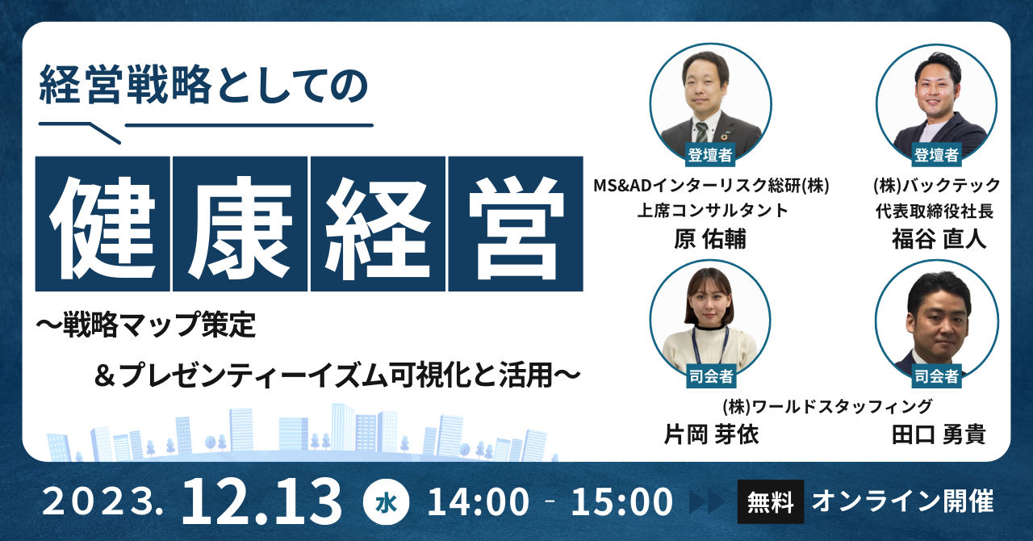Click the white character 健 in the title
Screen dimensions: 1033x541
tap(102, 224)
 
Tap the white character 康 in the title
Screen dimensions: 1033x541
tap(240, 224)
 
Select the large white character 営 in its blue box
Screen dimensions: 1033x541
tap(516, 224)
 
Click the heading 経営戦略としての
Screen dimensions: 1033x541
tap(203, 85)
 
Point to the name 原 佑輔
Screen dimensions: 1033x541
tap(710, 239)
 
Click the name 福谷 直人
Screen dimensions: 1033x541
tap(939, 239)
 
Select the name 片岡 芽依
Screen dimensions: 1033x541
tap(711, 434)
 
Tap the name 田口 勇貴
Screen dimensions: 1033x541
tap(939, 434)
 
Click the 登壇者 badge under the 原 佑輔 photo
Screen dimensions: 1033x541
tap(710, 155)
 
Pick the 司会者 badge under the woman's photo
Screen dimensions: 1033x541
tap(711, 376)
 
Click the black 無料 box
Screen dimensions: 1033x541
tap(771, 501)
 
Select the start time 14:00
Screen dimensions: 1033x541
tap(479, 501)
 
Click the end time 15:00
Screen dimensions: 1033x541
tap(622, 501)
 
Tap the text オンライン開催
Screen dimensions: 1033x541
tap(903, 501)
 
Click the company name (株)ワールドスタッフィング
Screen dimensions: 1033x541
tap(827, 406)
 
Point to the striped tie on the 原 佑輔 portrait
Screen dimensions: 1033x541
tap(701, 132)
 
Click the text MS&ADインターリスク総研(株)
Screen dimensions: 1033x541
tap(711, 186)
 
